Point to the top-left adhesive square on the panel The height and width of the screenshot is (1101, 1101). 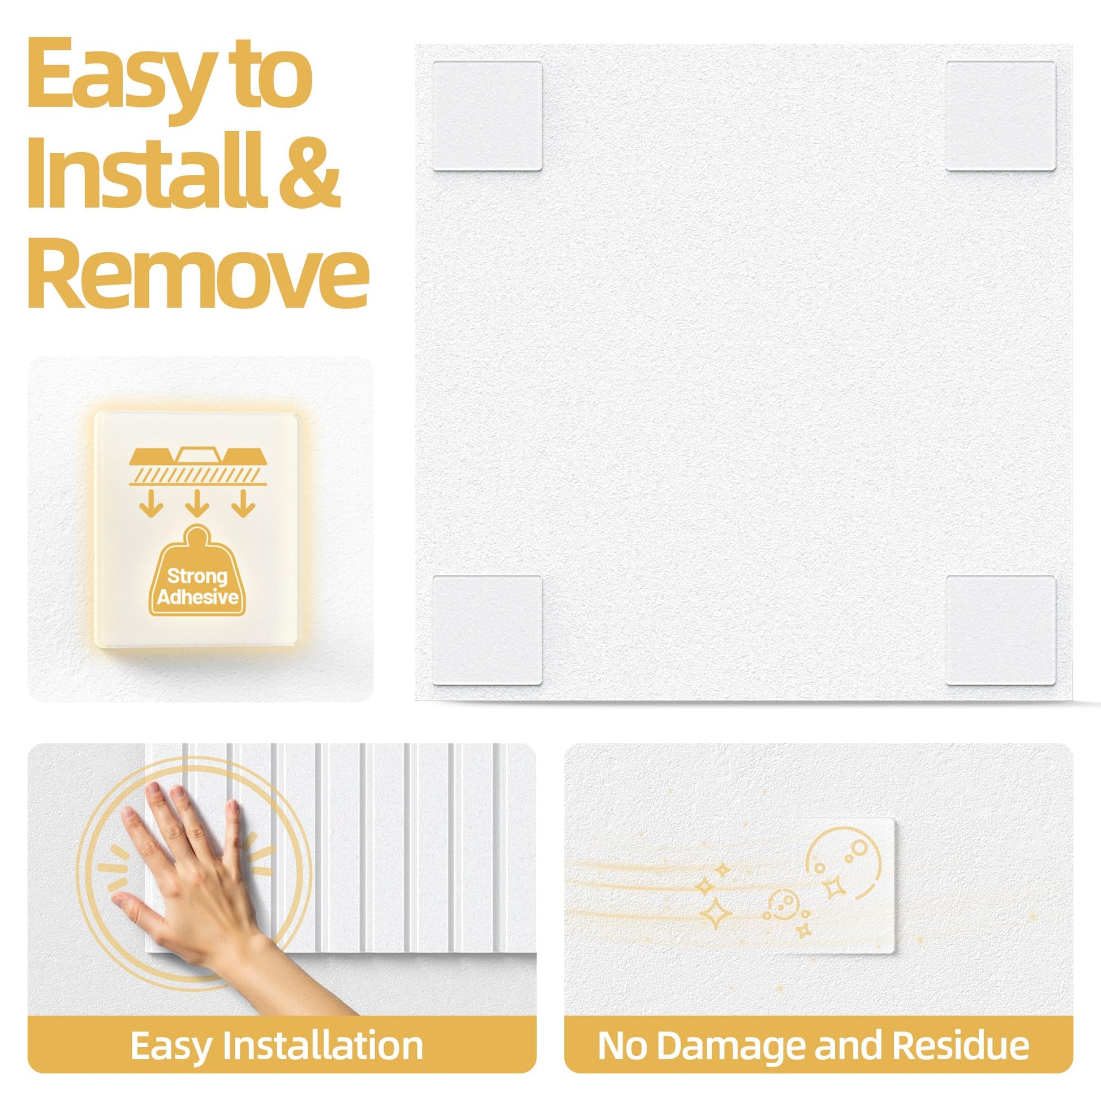click(x=487, y=115)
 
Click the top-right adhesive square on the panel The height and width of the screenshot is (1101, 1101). click(x=1000, y=115)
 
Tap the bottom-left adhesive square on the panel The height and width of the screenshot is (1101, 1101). click(x=487, y=630)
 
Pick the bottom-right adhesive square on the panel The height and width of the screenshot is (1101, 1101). click(x=1000, y=630)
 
